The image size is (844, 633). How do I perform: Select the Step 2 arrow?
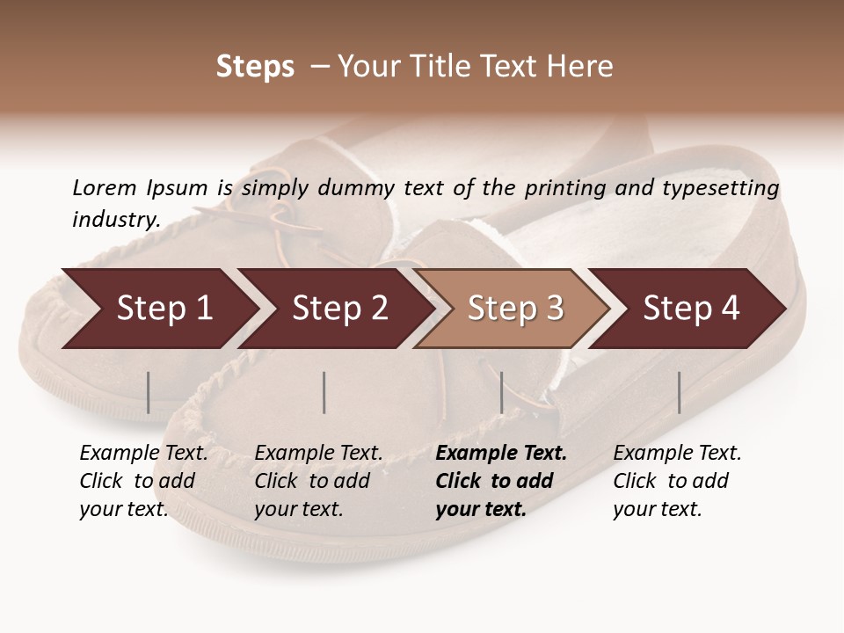click(338, 309)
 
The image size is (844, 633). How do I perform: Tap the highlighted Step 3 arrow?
click(513, 309)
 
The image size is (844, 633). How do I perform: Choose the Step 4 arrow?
click(690, 309)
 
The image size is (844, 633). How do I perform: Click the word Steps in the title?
click(255, 67)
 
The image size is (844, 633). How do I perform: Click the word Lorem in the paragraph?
click(104, 187)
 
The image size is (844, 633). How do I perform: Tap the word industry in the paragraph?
click(114, 220)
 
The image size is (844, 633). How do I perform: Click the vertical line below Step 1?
click(149, 392)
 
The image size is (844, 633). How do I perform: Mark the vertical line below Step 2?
click(324, 392)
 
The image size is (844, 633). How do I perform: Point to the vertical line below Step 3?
click(501, 392)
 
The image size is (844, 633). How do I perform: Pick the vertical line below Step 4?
click(679, 392)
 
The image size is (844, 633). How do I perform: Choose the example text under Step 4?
click(676, 481)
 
